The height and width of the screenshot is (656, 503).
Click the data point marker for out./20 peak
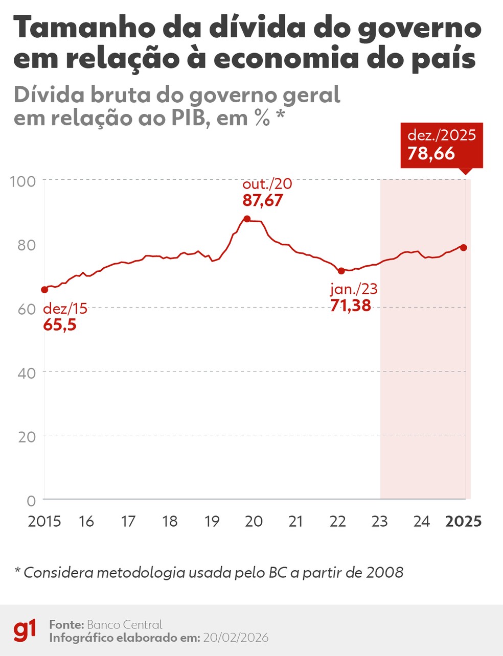[247, 219]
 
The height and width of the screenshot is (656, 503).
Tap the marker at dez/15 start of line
[44, 290]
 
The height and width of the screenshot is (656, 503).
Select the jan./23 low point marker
[341, 271]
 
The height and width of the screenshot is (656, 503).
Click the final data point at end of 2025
[464, 247]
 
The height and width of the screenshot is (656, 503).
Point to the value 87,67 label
[262, 200]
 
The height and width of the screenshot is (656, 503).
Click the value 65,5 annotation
[60, 324]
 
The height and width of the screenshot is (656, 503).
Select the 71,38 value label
[350, 306]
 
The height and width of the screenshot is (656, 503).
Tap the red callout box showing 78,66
[441, 145]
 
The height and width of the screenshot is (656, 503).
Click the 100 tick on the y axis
[23, 181]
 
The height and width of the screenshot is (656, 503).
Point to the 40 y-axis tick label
[27, 372]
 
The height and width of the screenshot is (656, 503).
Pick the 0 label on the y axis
[32, 500]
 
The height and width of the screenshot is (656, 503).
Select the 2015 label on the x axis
[44, 521]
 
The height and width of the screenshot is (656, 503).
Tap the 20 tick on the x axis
[254, 521]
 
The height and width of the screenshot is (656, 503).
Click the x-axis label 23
[380, 521]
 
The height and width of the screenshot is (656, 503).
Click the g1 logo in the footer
[25, 630]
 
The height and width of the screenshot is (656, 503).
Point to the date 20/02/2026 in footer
[235, 638]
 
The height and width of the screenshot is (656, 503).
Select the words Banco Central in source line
[124, 624]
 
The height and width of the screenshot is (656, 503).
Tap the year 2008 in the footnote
[384, 572]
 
